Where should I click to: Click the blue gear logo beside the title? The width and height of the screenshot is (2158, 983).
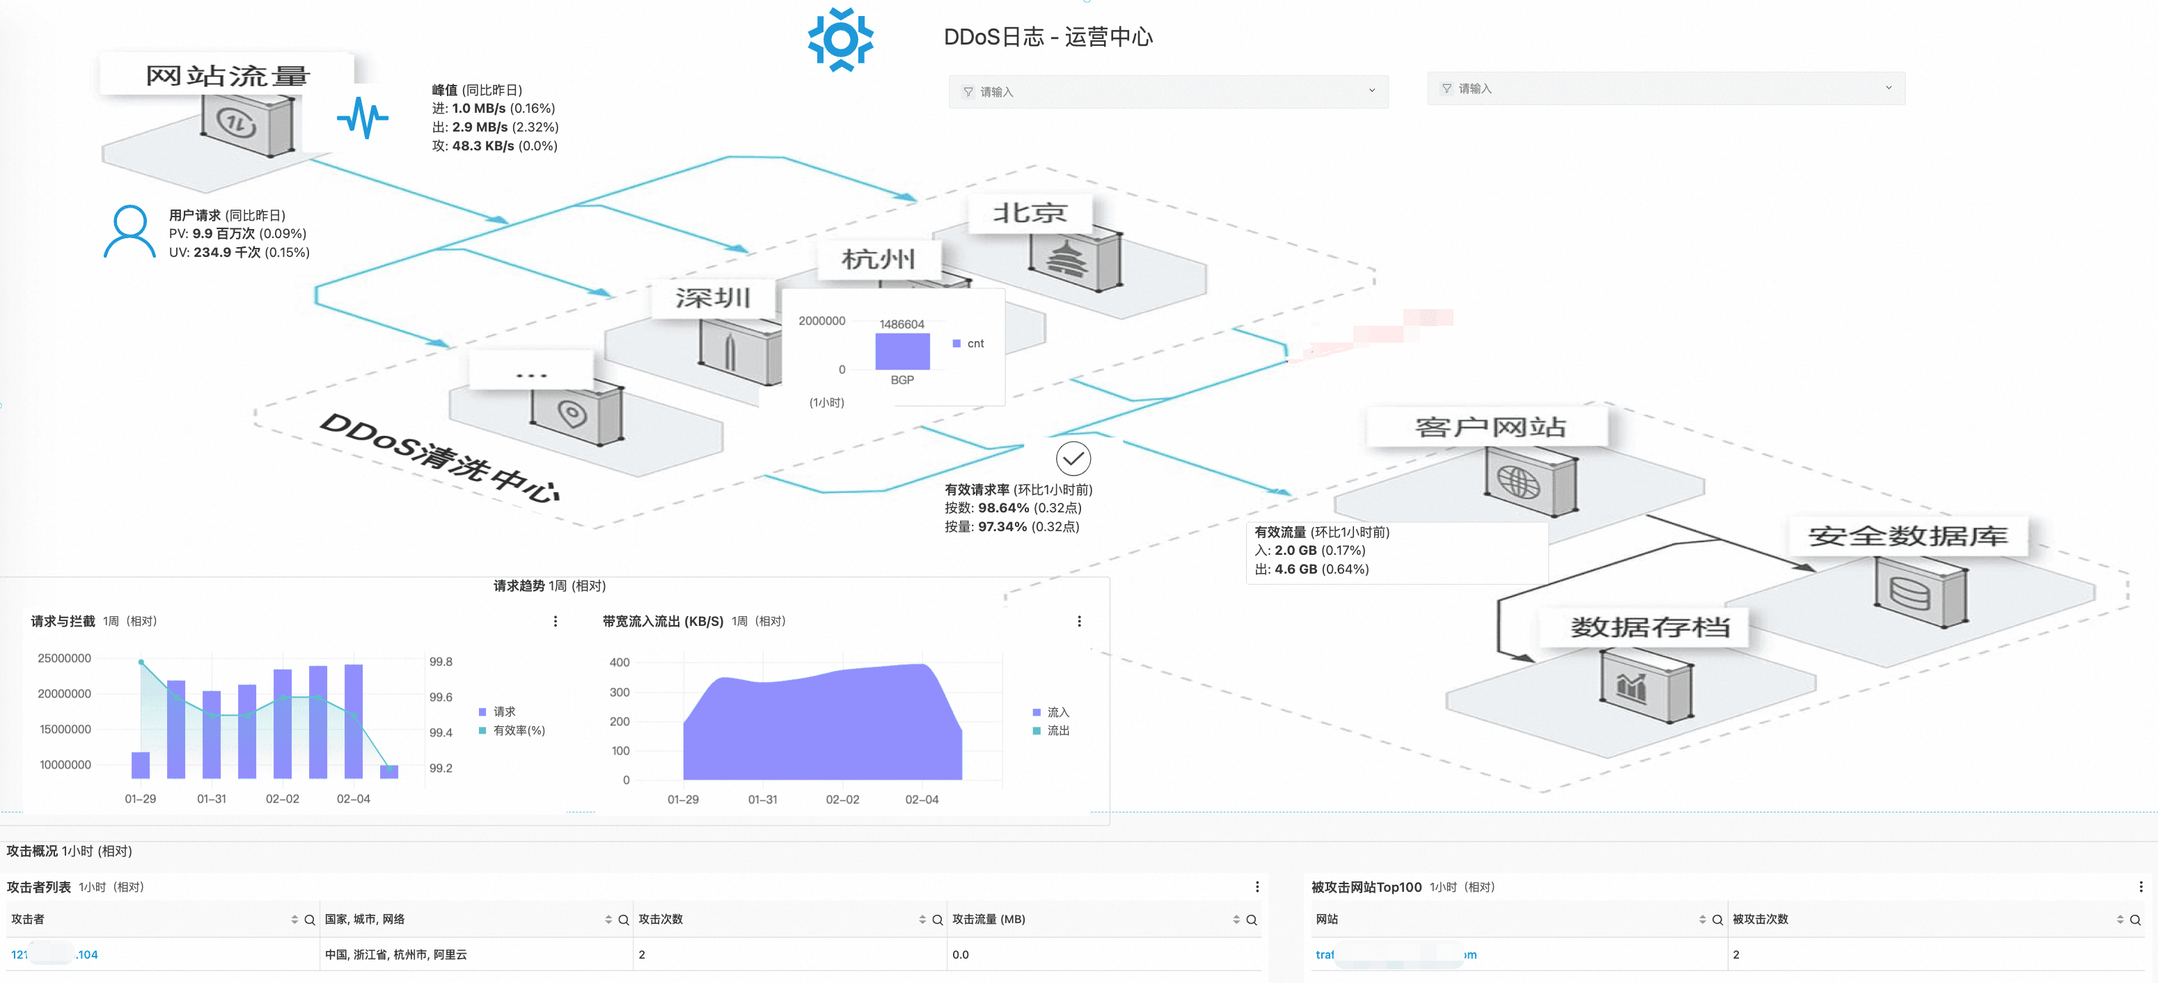point(840,40)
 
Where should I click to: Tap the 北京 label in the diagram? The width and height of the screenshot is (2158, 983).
point(1030,213)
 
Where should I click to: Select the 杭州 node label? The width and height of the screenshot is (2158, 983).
point(878,259)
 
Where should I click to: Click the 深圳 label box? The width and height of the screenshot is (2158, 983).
point(713,297)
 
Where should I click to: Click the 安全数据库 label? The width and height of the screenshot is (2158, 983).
point(1907,535)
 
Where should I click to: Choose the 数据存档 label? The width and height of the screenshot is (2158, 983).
point(1648,626)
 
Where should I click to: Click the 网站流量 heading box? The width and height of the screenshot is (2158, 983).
point(227,75)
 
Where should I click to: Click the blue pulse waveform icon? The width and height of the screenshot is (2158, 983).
point(363,118)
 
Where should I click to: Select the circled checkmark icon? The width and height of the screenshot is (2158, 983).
point(1073,458)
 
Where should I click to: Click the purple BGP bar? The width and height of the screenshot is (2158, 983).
point(902,351)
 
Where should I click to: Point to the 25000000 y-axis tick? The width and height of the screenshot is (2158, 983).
point(65,658)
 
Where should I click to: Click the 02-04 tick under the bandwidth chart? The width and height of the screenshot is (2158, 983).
point(922,799)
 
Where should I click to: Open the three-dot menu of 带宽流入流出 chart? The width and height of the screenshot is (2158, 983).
point(1079,621)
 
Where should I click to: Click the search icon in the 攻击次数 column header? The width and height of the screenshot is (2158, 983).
point(938,920)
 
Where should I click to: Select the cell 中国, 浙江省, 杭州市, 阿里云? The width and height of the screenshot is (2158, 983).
point(395,954)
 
